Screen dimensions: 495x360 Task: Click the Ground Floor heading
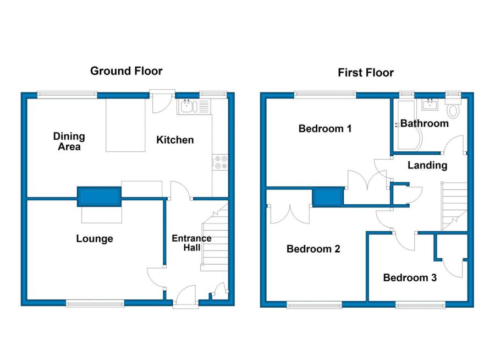127,71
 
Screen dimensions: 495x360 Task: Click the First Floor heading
366,73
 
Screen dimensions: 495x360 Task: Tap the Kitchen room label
175,140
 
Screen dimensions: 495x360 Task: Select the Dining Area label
69,141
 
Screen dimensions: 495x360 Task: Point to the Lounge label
95,239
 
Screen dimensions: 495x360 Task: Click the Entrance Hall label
191,243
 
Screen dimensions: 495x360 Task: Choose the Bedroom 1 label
325,129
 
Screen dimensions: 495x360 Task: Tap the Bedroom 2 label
313,249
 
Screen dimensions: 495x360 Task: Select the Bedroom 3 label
410,277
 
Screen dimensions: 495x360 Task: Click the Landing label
427,165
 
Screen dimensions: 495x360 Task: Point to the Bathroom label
424,123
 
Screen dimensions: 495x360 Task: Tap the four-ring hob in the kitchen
220,162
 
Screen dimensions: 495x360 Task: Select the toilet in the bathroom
453,108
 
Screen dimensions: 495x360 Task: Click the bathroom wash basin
430,105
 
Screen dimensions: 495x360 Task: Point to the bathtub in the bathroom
409,125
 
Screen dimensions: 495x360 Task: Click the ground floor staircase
215,237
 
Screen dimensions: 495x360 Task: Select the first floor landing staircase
454,206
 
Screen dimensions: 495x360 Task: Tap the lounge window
95,304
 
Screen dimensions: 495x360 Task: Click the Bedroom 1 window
325,95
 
